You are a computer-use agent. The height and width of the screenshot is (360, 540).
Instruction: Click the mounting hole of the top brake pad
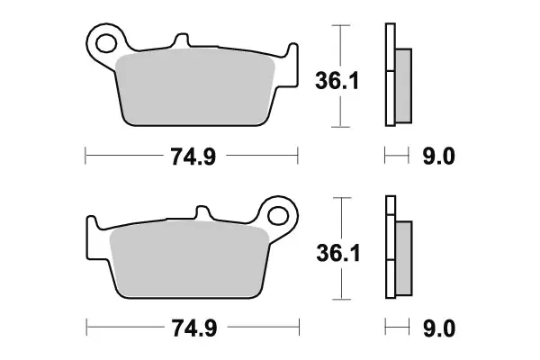point(106,43)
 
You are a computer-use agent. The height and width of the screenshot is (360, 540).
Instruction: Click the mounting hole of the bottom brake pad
point(278,216)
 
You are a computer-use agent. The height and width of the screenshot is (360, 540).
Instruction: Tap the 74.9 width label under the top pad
point(193,157)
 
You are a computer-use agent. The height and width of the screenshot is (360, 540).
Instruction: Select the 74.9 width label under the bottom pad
point(194,328)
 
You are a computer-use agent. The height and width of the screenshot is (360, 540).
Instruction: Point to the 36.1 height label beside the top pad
point(337,81)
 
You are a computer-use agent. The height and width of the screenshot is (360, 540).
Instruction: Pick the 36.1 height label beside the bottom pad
point(338,253)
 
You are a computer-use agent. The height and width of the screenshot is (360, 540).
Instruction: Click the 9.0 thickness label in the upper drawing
point(439,157)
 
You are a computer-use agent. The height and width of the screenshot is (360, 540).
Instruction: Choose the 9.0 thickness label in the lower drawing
point(439,328)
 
